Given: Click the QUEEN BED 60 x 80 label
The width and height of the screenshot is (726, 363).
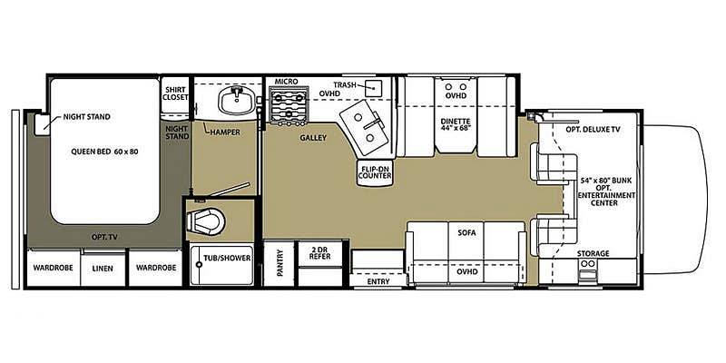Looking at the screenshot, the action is [104, 152].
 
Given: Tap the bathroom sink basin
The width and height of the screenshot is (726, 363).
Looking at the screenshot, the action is [236, 101].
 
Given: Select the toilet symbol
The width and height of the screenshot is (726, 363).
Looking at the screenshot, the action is [206, 221].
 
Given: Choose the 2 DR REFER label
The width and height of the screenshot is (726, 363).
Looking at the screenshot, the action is [320, 252].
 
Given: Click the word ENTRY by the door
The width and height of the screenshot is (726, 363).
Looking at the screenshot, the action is [378, 281].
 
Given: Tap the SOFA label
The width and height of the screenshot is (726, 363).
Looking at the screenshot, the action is [466, 233].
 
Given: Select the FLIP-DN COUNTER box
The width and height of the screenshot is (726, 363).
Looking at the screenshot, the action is [375, 172].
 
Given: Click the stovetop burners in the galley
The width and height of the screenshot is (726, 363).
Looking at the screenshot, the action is [289, 106].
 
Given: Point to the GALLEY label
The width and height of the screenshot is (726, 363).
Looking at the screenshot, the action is [313, 138].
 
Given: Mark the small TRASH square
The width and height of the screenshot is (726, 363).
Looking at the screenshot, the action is [373, 88].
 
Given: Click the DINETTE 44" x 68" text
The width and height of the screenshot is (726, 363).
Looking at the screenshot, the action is [456, 125].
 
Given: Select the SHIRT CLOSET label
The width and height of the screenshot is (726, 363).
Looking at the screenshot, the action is [175, 93].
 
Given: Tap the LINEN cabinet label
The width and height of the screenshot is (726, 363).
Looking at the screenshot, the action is [103, 268].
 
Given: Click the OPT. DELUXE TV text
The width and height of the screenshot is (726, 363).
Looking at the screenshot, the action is [593, 130].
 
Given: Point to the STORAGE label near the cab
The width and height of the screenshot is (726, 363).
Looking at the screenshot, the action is [593, 253].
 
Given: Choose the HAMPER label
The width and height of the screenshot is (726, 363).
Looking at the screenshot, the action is [225, 132].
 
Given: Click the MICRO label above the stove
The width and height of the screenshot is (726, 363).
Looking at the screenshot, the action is [286, 82].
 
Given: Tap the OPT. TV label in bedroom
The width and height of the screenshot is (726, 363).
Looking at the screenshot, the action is [104, 237].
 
